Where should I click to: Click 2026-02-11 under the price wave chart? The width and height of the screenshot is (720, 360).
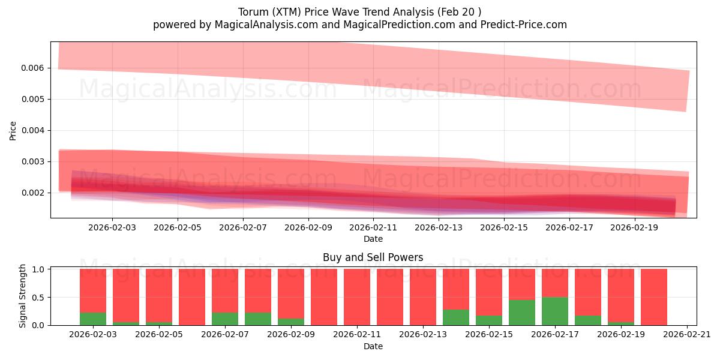click(373, 228)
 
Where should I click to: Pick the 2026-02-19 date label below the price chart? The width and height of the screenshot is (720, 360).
click(635, 228)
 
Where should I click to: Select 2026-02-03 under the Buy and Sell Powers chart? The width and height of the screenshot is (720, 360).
click(94, 335)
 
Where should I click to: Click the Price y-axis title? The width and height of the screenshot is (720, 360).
click(13, 130)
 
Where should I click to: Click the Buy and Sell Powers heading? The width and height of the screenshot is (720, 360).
click(373, 257)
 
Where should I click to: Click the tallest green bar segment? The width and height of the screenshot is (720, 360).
click(555, 311)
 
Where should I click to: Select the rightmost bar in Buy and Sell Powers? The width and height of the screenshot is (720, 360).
click(654, 297)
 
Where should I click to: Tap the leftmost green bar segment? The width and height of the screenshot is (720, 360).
click(93, 319)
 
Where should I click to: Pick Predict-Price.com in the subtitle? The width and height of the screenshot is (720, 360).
click(521, 25)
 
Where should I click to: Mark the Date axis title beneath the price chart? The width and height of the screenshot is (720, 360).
click(373, 239)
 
